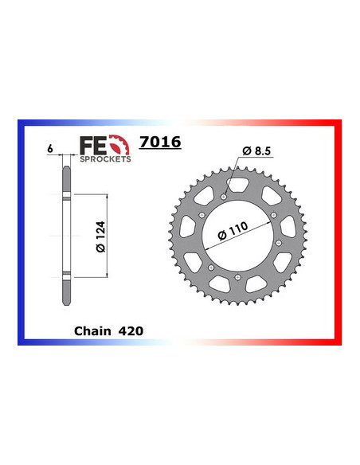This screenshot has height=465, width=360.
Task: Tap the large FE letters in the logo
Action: pyautogui.click(x=92, y=146)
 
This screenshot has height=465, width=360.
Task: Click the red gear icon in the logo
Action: pyautogui.click(x=119, y=145)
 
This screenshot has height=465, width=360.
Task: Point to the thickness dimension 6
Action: pyautogui.click(x=50, y=148)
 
